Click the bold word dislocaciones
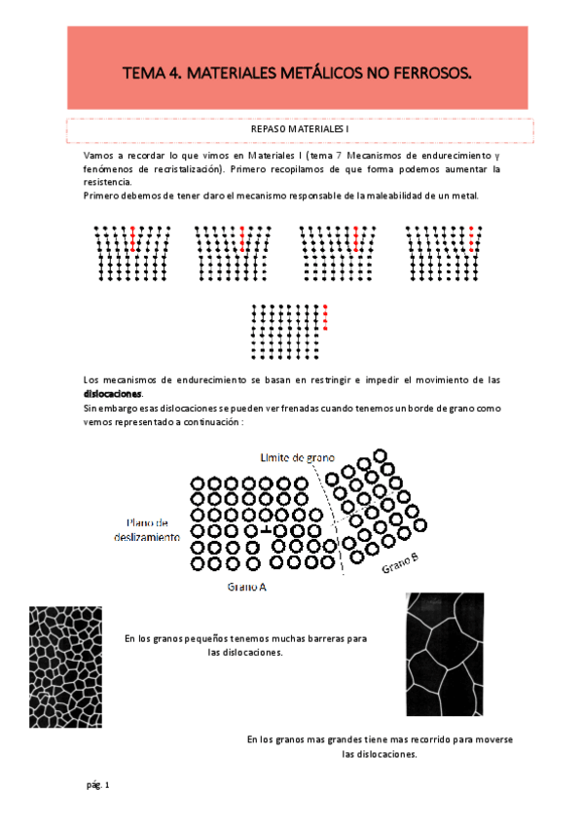click(x=113, y=393)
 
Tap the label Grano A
click(x=247, y=588)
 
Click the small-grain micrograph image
click(x=65, y=666)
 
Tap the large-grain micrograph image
click(x=444, y=654)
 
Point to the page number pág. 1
click(x=97, y=784)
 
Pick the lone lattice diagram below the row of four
click(x=291, y=331)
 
